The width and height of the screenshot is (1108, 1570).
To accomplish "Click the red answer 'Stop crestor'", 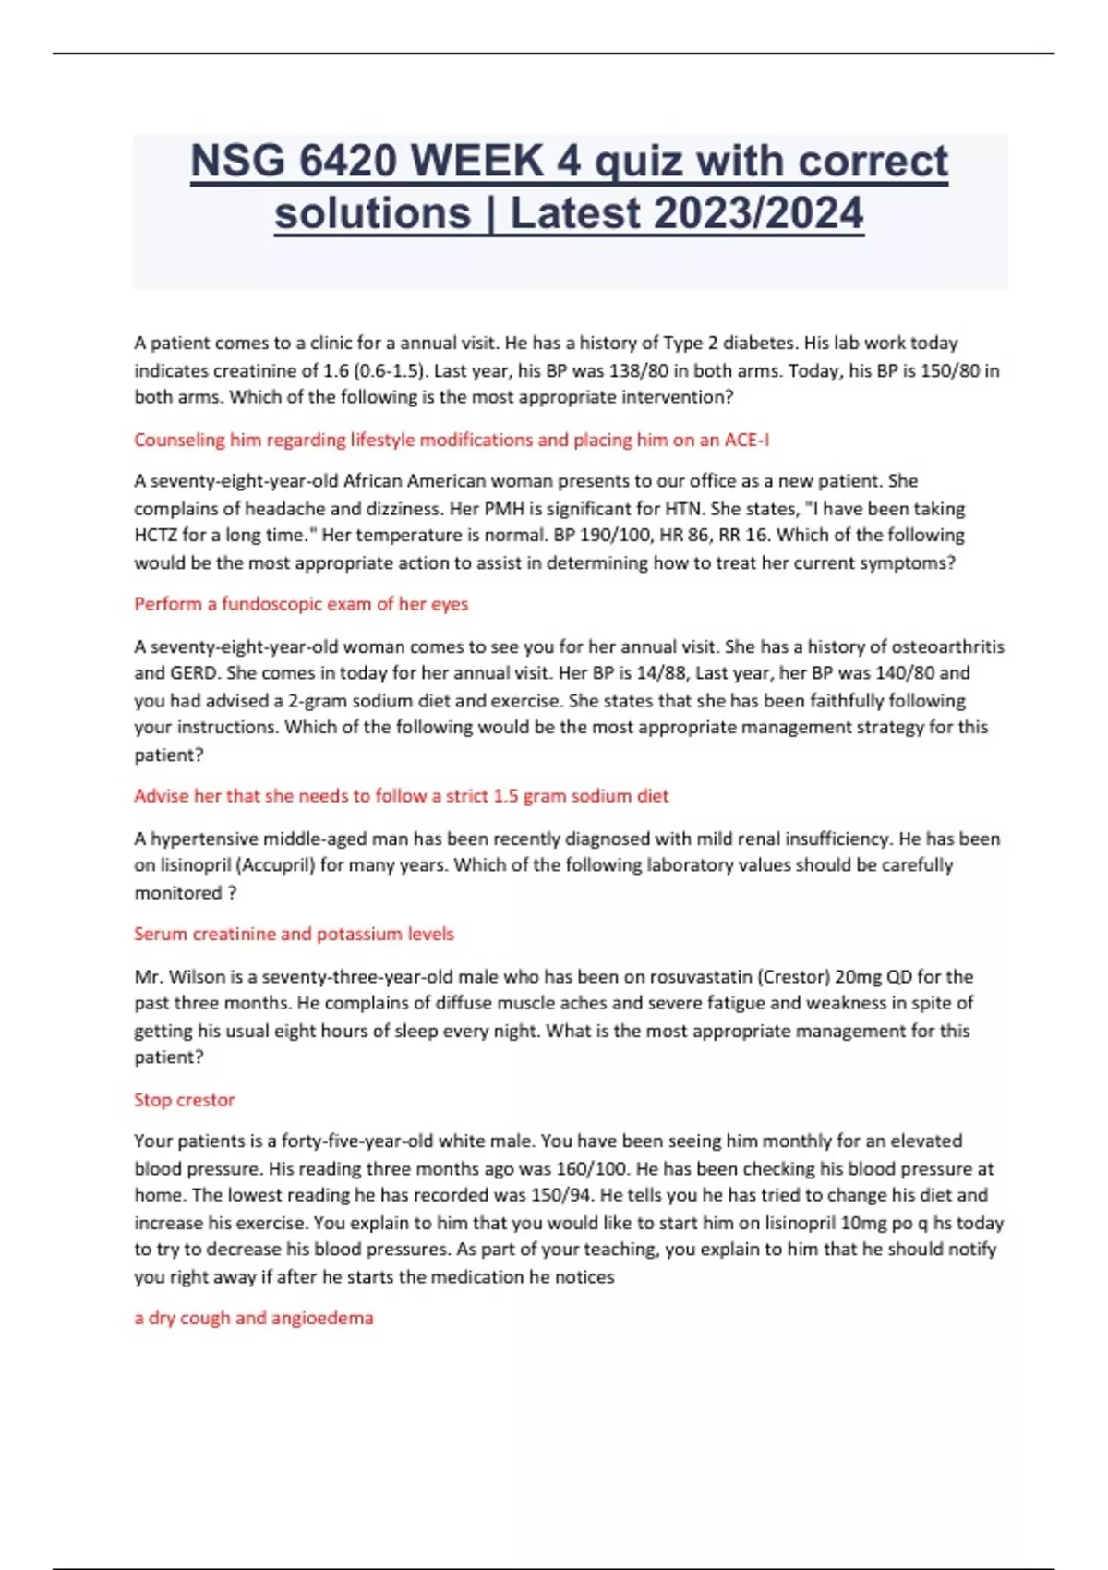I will [x=185, y=1099].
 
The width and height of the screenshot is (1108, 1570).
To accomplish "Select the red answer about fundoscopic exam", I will [x=301, y=604].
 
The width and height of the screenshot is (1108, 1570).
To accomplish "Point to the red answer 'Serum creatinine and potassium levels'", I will [x=294, y=934].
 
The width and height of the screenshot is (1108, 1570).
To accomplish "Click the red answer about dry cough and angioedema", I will [x=254, y=1318].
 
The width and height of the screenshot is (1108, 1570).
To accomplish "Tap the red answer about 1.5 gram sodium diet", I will [x=401, y=796].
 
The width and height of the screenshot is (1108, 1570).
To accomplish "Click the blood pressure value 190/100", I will [x=613, y=535].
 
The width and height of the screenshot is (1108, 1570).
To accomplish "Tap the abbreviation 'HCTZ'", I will [x=156, y=535].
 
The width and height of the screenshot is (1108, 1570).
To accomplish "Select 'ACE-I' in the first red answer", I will [x=746, y=440].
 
